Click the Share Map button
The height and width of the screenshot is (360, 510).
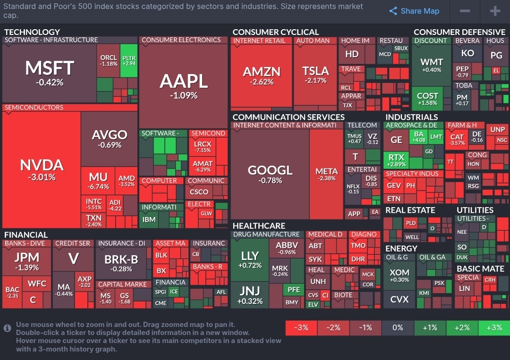(x=414, y=11)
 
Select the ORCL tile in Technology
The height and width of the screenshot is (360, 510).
(x=109, y=60)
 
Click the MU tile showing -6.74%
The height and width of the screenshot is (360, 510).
(x=98, y=180)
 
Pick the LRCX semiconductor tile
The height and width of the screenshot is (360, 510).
(x=203, y=146)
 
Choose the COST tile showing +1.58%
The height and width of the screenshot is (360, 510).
(x=427, y=99)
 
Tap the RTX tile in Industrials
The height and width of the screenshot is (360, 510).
(x=396, y=160)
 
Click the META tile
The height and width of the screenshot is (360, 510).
(x=326, y=174)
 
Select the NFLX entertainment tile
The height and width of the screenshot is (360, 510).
(x=353, y=189)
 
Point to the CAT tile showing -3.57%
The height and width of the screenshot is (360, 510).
(x=457, y=140)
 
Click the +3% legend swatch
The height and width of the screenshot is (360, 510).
(x=494, y=327)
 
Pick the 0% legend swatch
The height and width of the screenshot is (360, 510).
(x=398, y=327)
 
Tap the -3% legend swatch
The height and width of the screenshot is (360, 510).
(x=301, y=327)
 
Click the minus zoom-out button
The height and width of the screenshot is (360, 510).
(x=465, y=11)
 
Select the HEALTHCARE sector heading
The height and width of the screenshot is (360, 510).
(x=259, y=226)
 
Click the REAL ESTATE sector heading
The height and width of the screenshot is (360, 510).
(x=410, y=210)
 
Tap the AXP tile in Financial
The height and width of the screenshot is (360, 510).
(x=85, y=282)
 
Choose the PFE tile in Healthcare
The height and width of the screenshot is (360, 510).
(x=293, y=290)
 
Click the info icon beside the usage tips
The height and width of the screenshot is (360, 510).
(x=8, y=328)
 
